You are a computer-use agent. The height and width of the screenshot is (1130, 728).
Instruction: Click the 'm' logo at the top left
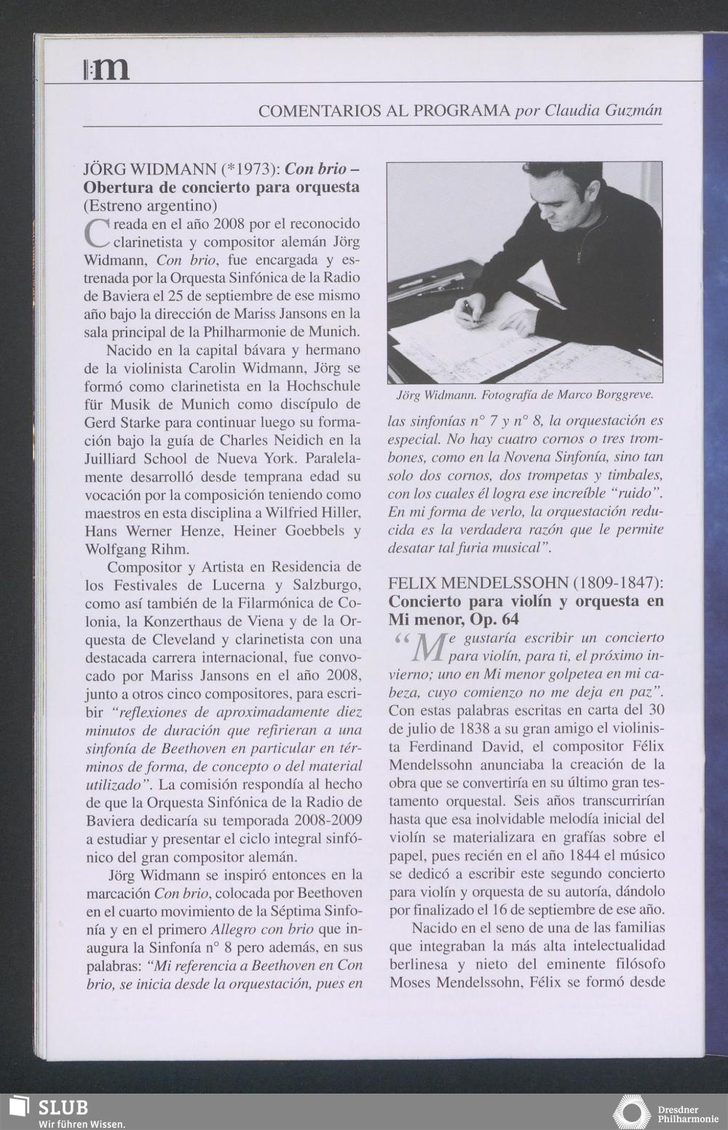coord(107,69)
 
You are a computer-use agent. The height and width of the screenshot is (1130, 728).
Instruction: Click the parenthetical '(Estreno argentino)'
coord(151,205)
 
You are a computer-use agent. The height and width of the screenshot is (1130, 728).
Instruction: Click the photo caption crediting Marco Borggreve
coord(524,395)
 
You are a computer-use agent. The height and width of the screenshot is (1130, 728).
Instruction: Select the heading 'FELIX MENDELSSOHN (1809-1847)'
coord(526,584)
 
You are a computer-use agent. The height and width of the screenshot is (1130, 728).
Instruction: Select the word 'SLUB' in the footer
coord(63,1107)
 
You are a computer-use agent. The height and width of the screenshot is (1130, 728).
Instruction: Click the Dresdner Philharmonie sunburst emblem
coord(630,1112)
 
